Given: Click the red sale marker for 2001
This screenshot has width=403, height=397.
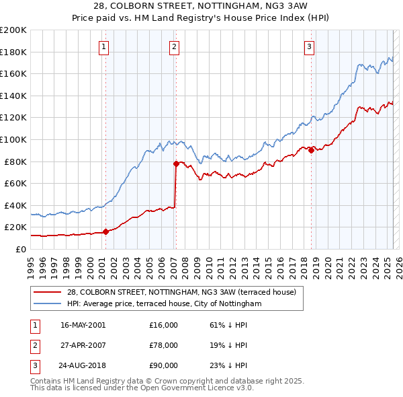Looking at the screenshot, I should click(105, 231).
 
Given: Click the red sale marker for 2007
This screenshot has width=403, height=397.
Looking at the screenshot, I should click(176, 164).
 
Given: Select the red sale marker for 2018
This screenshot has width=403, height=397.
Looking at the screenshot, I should click(312, 151).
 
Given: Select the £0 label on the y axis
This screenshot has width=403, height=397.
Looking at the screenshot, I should click(21, 249).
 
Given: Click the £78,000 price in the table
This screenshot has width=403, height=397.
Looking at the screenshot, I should click(163, 345).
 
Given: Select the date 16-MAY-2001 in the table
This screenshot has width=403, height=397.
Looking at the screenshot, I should click(83, 325).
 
